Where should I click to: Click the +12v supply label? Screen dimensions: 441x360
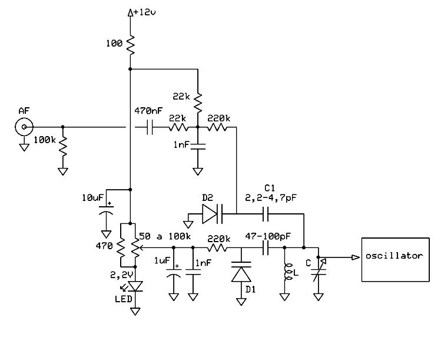[x=145, y=12]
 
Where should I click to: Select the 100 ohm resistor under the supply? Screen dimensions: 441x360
[x=131, y=45]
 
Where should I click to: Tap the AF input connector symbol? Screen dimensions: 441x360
[x=24, y=127]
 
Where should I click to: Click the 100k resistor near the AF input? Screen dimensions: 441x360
[x=63, y=146]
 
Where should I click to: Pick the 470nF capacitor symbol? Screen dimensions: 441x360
[x=150, y=127]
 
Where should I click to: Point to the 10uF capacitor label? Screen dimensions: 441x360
[x=93, y=197]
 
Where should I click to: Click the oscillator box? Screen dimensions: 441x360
[x=395, y=259]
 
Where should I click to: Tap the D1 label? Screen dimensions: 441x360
[x=250, y=289]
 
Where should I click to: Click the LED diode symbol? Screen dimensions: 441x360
[x=135, y=286]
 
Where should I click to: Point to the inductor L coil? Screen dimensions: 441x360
[x=287, y=272]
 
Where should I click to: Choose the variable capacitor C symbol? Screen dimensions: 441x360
[x=319, y=271]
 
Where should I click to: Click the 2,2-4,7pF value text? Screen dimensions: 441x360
[x=271, y=198]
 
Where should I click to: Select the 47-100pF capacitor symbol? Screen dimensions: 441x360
[x=266, y=247]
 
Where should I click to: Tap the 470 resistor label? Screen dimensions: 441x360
[x=104, y=246]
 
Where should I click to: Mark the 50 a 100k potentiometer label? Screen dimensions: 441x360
[x=165, y=236]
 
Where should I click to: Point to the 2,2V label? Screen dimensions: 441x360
[x=121, y=275]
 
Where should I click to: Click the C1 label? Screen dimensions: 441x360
[x=270, y=188]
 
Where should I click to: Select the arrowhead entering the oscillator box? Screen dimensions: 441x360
[x=356, y=257]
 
